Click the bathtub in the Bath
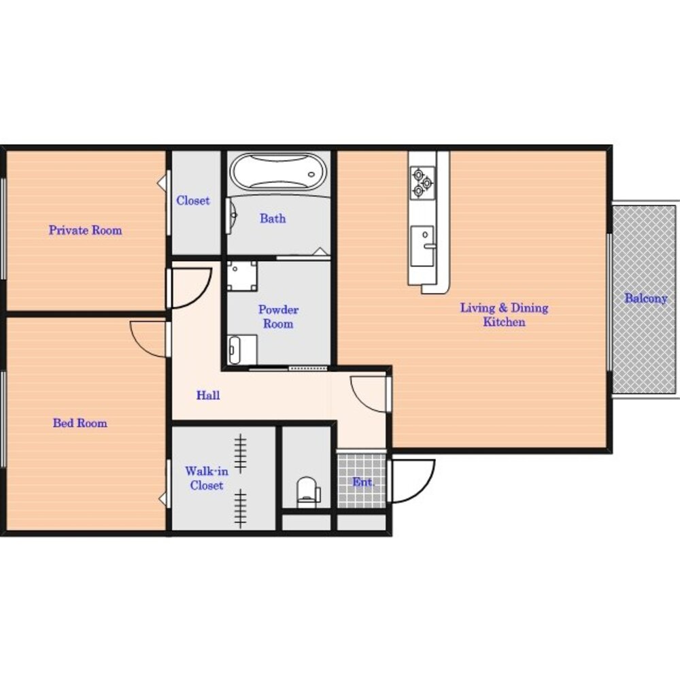(278, 172)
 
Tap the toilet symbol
(307, 492)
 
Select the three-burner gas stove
(422, 182)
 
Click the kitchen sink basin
(422, 246)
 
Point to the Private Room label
(86, 230)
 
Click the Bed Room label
(80, 423)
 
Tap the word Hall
(208, 395)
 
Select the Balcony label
(646, 299)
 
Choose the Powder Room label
(278, 317)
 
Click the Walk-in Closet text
(207, 478)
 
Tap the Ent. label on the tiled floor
(363, 482)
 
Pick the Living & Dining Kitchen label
(504, 315)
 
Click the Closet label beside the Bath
(193, 201)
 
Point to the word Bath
(273, 218)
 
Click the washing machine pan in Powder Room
(242, 276)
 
